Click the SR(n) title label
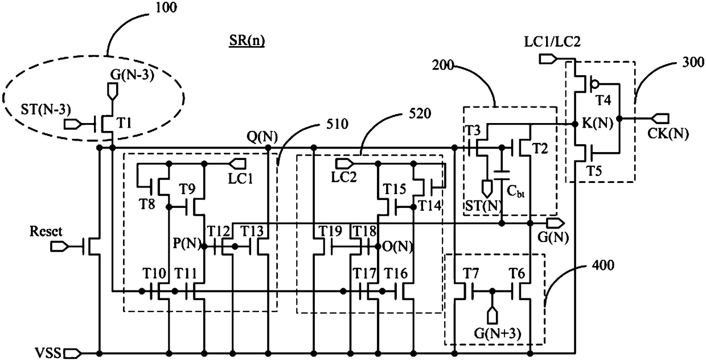coord(247,40)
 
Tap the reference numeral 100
coord(166,7)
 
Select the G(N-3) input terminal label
coord(132,75)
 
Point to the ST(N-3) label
coord(46,109)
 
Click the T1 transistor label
coord(124,123)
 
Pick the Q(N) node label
coord(262,137)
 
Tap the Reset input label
coord(46,231)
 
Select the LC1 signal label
coord(240,179)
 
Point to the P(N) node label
coord(187,243)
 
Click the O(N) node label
coord(397,247)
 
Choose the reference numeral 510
coord(337,124)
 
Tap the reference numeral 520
coord(420,113)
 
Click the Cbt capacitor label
coord(516,191)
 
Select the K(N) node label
coord(597,122)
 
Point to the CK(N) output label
coord(668,134)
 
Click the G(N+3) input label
coord(498,333)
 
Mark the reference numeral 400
coord(603,265)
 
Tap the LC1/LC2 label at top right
coord(552,42)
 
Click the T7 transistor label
coord(471,273)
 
